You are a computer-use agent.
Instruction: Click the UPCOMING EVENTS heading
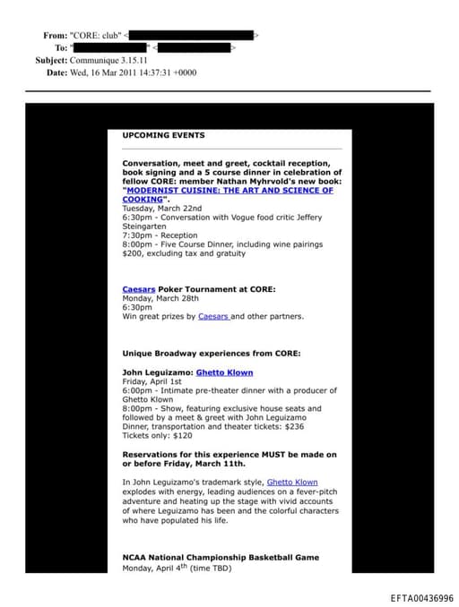point(163,136)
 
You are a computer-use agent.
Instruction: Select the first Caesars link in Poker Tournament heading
point(139,289)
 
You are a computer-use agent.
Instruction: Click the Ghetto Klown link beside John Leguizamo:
point(224,372)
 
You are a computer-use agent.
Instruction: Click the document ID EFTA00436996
point(421,598)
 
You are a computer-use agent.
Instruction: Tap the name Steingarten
point(147,227)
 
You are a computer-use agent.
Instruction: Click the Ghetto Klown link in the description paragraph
point(292,482)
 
